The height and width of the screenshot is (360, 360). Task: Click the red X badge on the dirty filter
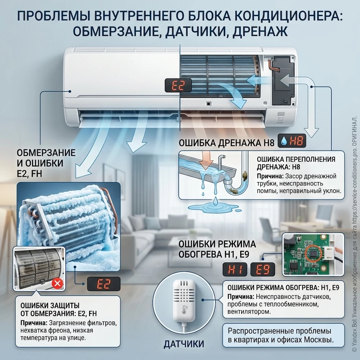pyautogui.click(x=57, y=284)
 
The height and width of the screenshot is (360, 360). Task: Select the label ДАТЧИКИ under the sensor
pyautogui.click(x=184, y=344)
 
